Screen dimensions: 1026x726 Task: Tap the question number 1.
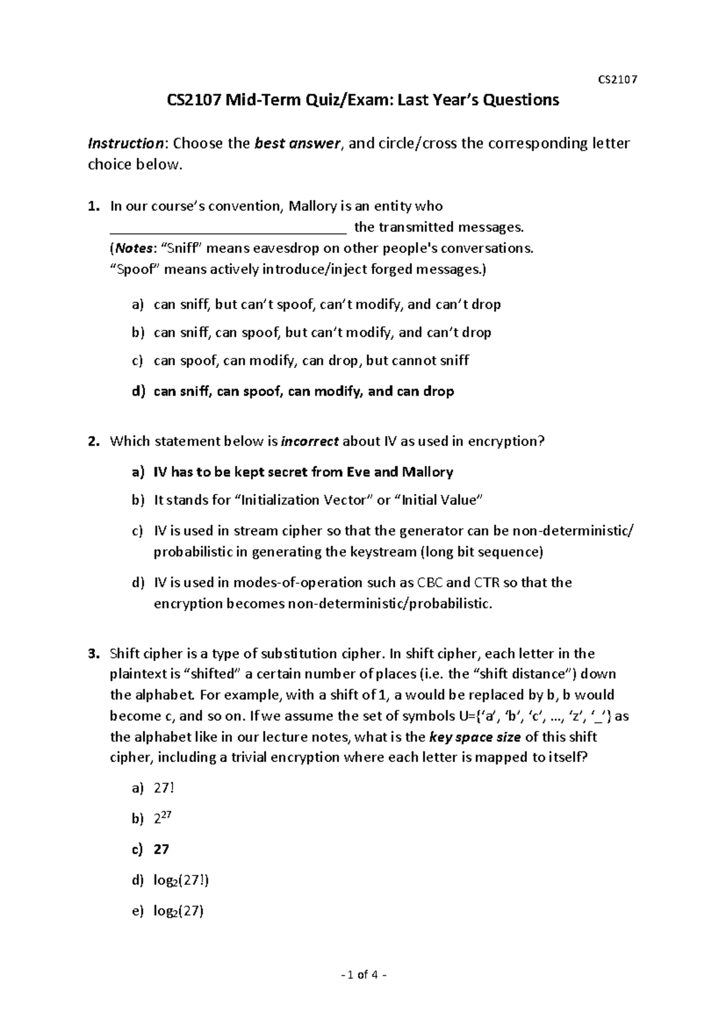pyautogui.click(x=92, y=206)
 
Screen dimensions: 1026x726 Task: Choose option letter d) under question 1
pyautogui.click(x=139, y=391)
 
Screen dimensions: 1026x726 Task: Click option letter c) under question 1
pyautogui.click(x=138, y=361)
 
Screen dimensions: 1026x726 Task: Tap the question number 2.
pyautogui.click(x=92, y=442)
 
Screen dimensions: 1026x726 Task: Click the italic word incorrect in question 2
pyautogui.click(x=310, y=442)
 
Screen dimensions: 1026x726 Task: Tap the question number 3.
pyautogui.click(x=92, y=654)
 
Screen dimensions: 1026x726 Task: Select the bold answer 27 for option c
pyautogui.click(x=162, y=849)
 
